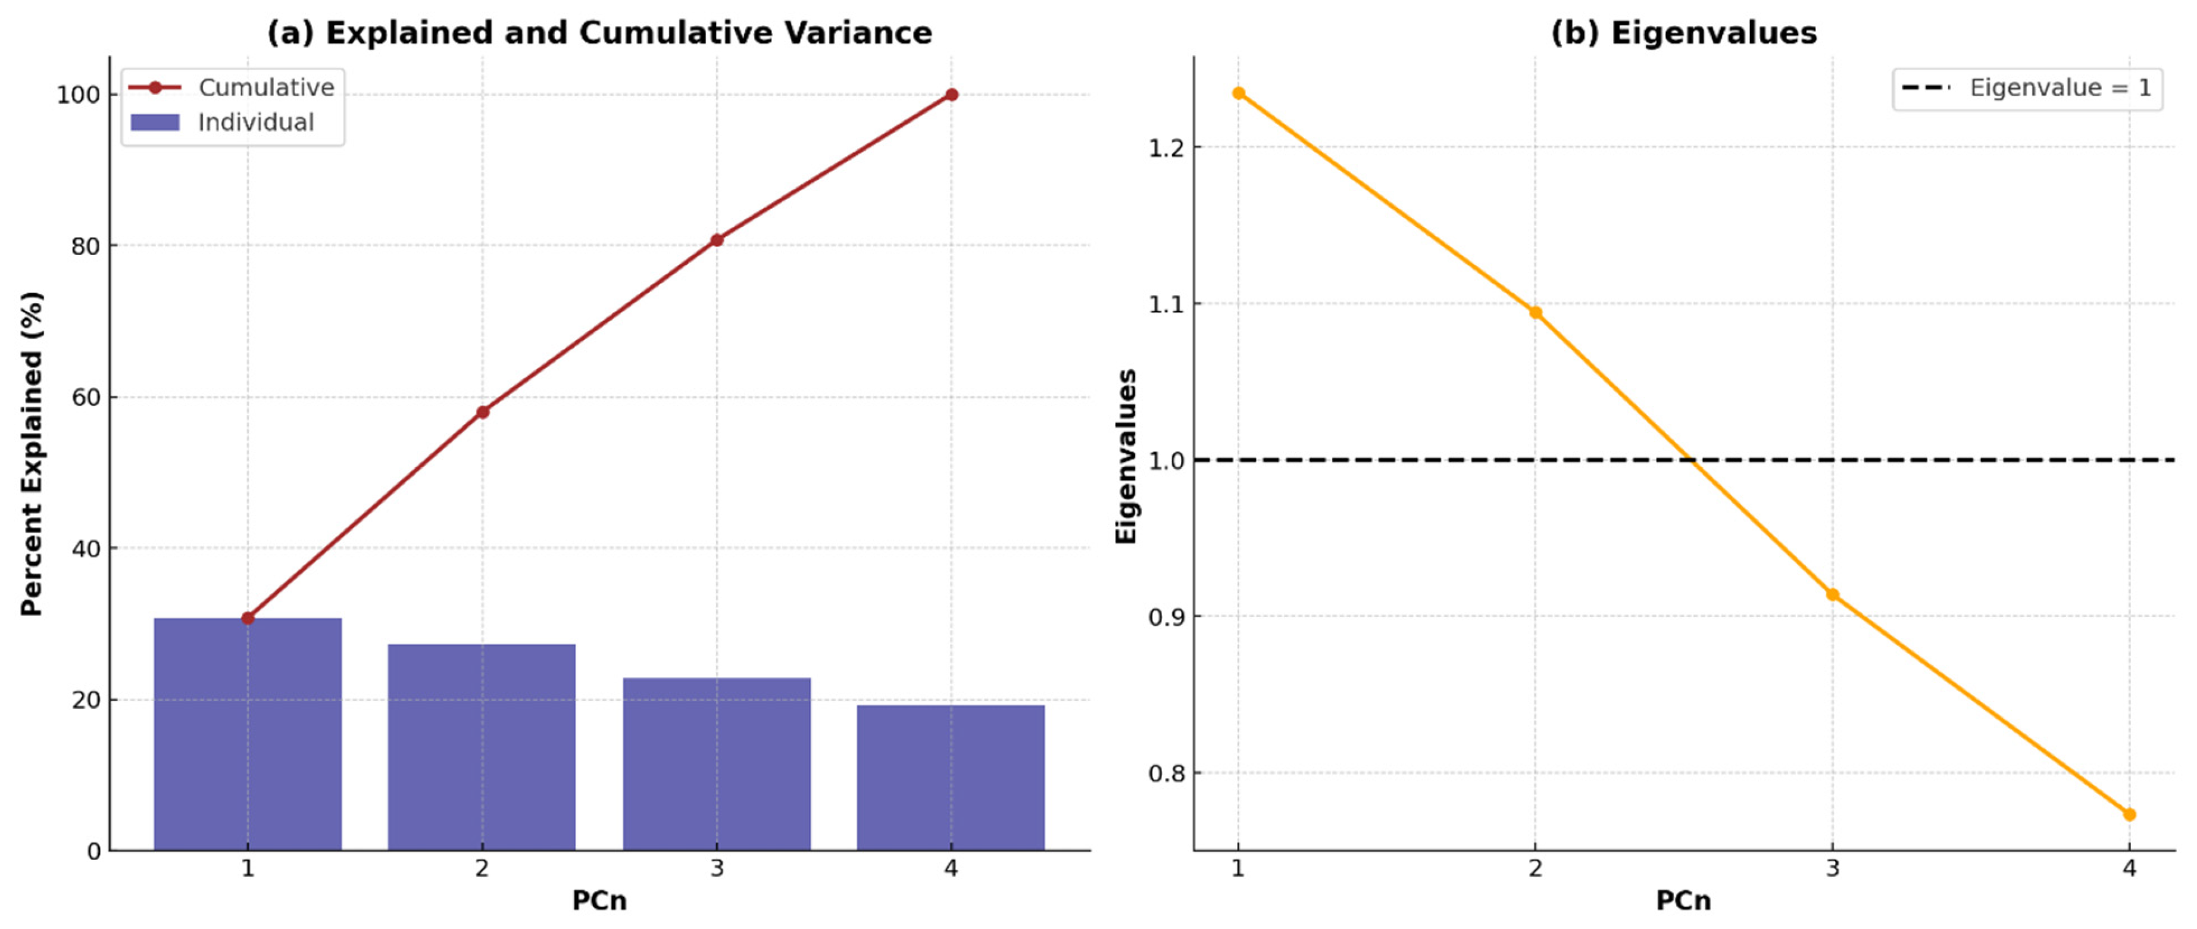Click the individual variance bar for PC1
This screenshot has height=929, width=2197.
(x=248, y=734)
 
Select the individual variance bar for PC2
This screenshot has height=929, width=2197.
(x=482, y=746)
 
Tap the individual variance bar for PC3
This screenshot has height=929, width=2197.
(x=717, y=763)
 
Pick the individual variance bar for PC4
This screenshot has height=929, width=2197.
(x=951, y=777)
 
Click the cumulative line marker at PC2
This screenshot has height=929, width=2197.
(x=483, y=412)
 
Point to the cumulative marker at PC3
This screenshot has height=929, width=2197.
(x=717, y=241)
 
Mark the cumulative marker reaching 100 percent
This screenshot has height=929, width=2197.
(x=951, y=95)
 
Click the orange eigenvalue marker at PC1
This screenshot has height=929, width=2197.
(x=1238, y=93)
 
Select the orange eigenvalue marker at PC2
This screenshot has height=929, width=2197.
(x=1535, y=312)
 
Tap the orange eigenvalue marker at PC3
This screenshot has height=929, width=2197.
(x=1832, y=594)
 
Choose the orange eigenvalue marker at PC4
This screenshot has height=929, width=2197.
(x=2129, y=815)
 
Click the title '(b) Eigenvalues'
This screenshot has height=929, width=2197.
(x=1683, y=32)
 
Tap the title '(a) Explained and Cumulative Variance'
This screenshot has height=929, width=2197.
(x=599, y=32)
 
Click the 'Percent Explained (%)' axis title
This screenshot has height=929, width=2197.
(x=32, y=454)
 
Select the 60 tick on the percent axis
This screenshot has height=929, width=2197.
(x=85, y=398)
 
